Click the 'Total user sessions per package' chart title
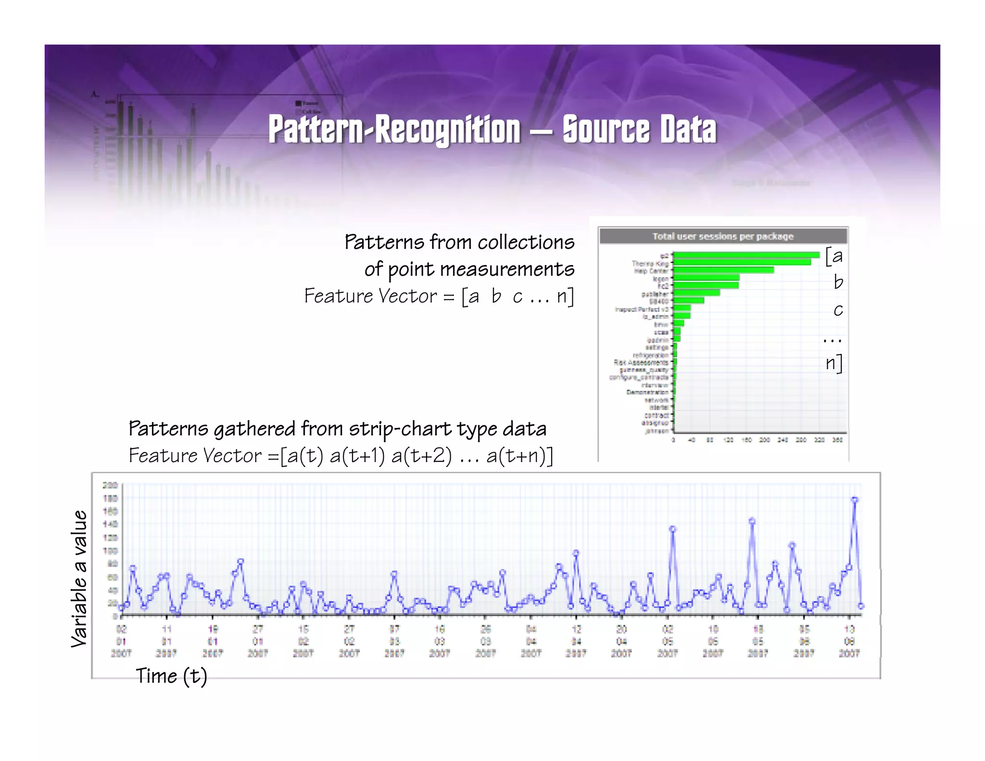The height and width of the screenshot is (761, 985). [x=722, y=236]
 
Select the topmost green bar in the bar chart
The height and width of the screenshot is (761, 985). [x=746, y=255]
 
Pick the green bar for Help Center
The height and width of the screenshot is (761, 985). [x=724, y=270]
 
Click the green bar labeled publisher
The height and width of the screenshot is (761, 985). [x=697, y=292]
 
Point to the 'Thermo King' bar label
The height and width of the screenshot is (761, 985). [x=650, y=263]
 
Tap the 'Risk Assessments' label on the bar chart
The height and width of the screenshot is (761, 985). [x=641, y=362]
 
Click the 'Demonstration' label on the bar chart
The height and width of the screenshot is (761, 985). [x=647, y=392]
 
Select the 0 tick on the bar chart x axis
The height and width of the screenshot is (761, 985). [x=673, y=440]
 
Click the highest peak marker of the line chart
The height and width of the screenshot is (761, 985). [x=855, y=500]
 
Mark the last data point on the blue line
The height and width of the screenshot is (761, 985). [x=861, y=606]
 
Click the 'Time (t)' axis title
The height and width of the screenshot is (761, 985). [x=171, y=676]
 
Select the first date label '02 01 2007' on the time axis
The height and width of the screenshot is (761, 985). [x=121, y=641]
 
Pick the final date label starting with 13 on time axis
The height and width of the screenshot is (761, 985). [x=849, y=641]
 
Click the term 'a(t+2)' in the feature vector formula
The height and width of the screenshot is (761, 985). [x=421, y=456]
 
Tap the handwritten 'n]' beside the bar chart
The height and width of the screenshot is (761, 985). [x=834, y=363]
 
